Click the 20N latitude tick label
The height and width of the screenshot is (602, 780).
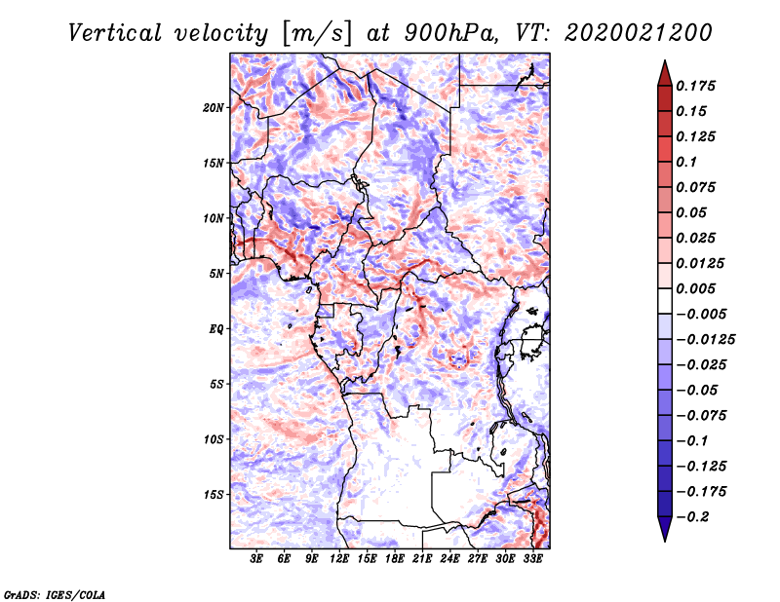point(214,107)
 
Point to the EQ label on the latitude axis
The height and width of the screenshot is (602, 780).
point(215,328)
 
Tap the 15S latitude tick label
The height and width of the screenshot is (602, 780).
point(214,494)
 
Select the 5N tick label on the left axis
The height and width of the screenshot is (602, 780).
point(216,273)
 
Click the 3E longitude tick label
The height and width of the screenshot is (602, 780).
point(256,560)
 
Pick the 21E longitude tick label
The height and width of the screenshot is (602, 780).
point(422,560)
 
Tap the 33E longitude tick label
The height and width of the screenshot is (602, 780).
point(532,560)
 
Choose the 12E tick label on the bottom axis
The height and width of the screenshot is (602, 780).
point(339,560)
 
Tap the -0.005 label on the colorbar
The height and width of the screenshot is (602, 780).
point(700,314)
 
